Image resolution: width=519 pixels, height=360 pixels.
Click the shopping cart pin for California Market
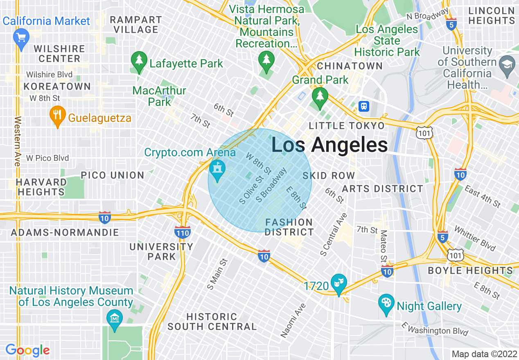point(21,38)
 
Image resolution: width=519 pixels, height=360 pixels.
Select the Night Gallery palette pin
point(386,304)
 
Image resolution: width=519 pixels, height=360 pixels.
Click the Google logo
point(27,350)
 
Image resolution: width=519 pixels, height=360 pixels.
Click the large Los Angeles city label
point(329,145)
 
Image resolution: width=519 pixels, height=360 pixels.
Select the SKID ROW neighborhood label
point(329,176)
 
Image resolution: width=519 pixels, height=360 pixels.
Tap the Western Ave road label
point(17,142)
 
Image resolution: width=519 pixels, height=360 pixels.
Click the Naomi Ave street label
point(293,320)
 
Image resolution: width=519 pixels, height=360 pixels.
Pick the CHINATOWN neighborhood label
point(350,66)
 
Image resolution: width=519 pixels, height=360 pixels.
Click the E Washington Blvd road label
point(435,329)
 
